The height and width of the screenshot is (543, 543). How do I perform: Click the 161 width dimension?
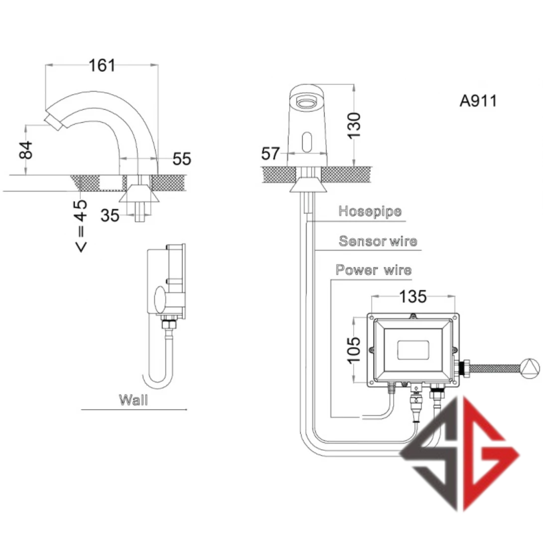[102, 65]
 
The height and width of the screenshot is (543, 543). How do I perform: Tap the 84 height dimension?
[26, 150]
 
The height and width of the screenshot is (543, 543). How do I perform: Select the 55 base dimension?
[182, 159]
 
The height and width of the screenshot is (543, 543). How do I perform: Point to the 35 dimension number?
[110, 216]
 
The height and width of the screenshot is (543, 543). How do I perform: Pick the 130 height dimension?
[354, 125]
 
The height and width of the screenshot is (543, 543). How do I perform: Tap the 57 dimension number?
[271, 154]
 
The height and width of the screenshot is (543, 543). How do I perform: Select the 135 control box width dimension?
[413, 296]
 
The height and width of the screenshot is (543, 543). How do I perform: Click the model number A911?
[478, 101]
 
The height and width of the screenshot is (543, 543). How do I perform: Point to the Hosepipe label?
[370, 211]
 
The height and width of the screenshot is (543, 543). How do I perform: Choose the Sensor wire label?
[378, 242]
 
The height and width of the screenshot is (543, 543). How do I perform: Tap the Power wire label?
[374, 271]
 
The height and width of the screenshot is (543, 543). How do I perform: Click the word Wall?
[133, 400]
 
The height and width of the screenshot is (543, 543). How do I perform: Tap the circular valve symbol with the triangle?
[529, 368]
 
